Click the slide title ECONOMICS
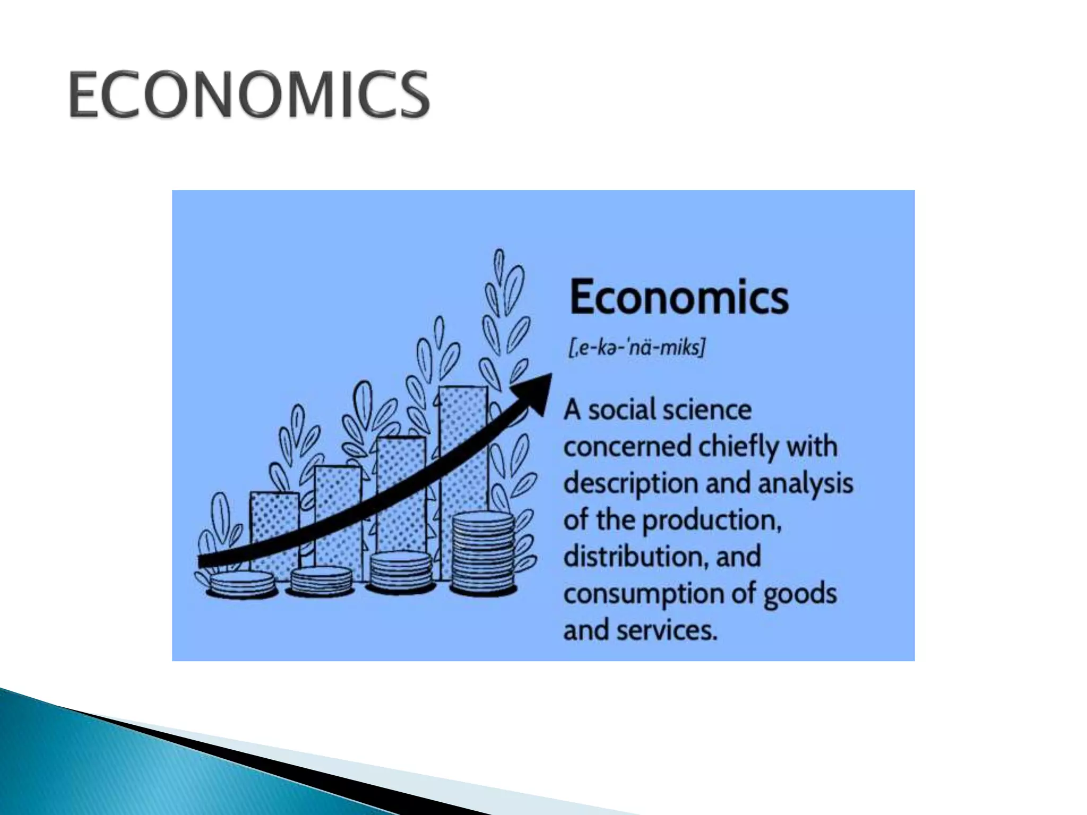248,95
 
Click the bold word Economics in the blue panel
678,298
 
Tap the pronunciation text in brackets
636,349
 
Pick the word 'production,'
712,521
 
